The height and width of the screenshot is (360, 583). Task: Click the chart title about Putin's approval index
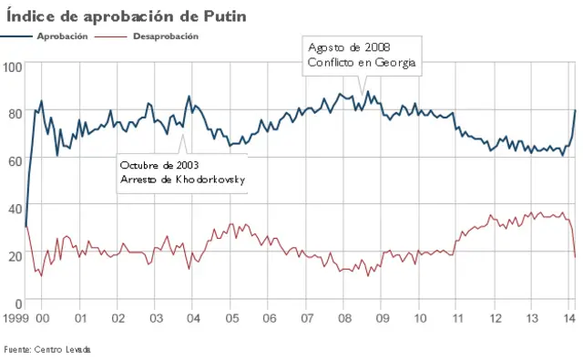[126, 15]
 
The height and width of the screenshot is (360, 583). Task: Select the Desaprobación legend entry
[165, 36]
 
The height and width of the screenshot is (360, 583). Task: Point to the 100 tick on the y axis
[13, 67]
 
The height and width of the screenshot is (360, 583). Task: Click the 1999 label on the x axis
[15, 318]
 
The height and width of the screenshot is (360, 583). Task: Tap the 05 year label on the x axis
[231, 318]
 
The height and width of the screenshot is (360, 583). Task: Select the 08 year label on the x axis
[344, 318]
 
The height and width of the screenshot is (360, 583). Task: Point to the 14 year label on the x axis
[569, 318]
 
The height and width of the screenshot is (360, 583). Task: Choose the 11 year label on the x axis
[457, 318]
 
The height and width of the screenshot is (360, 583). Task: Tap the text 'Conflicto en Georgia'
[362, 62]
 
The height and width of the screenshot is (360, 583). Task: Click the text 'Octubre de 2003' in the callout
[160, 165]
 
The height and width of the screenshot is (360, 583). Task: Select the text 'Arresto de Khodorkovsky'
[182, 180]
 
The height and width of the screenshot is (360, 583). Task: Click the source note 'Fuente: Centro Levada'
[47, 349]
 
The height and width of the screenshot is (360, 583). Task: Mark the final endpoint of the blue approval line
[575, 110]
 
